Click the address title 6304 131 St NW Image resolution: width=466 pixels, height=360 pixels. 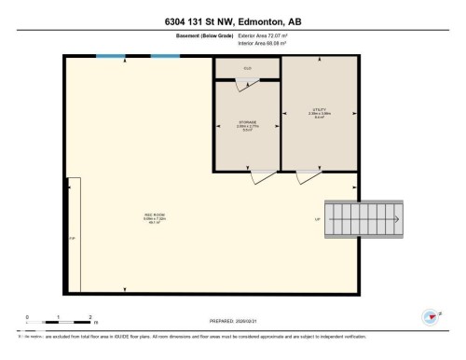[232, 21]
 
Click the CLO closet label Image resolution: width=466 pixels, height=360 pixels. [247, 68]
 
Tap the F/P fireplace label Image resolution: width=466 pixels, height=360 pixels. [72, 239]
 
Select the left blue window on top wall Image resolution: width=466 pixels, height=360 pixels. [111, 56]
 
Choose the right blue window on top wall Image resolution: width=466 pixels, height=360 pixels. [165, 56]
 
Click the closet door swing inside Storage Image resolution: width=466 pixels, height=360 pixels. [244, 86]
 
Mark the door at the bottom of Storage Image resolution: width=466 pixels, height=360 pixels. [264, 175]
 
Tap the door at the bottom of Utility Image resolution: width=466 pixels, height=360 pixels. [308, 175]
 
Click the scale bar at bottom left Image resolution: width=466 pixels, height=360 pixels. [58, 323]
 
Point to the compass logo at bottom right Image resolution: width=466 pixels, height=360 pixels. [432, 317]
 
